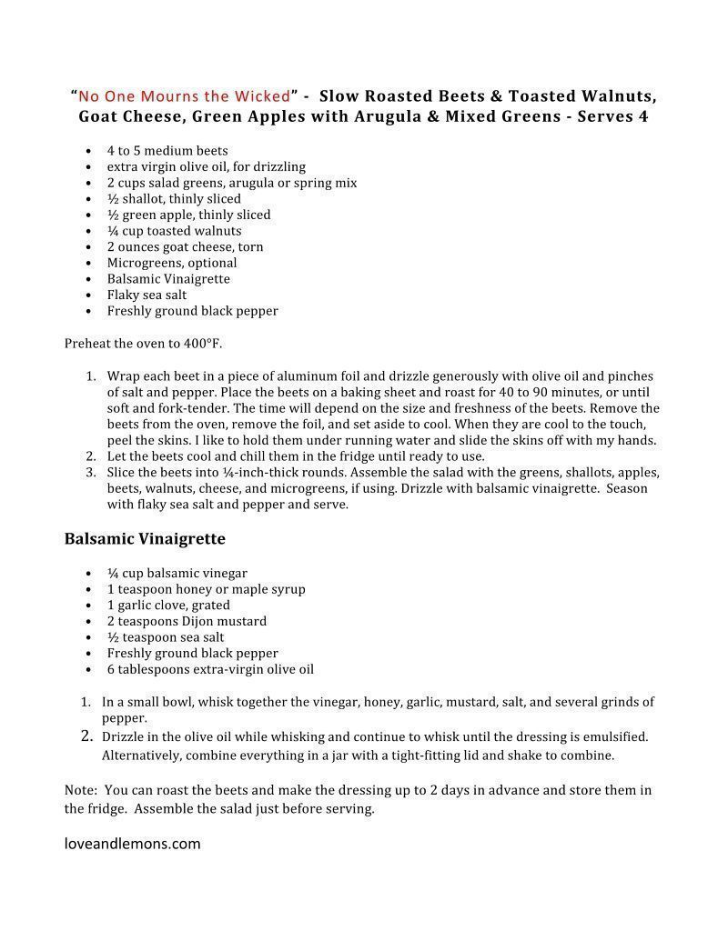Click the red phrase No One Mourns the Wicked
[185, 95]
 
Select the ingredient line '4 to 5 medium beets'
[167, 151]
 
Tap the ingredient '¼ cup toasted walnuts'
[174, 231]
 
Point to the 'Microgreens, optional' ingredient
[172, 263]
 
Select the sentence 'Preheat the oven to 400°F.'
[143, 344]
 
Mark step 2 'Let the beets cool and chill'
[296, 456]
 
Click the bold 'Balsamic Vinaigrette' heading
[145, 539]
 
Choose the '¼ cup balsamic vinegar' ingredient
[177, 573]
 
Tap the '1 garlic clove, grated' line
[168, 605]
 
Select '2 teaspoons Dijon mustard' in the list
[187, 621]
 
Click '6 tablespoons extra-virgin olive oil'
[210, 669]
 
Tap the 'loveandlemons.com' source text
[133, 844]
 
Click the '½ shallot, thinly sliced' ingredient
[174, 199]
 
